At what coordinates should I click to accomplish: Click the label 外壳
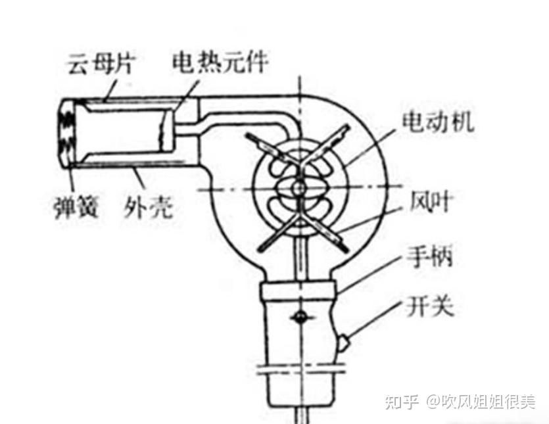coord(149,208)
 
